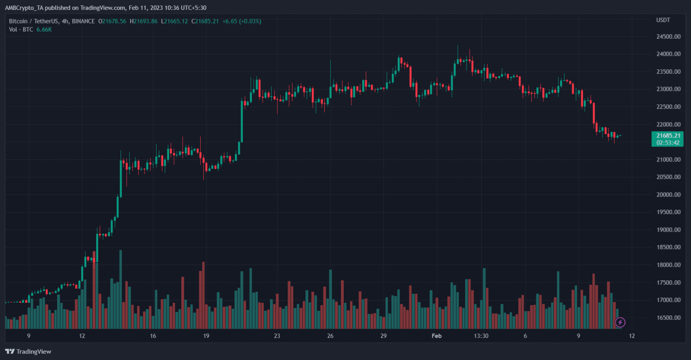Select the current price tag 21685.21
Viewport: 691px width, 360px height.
pos(667,136)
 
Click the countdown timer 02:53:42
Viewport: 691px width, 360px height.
pos(667,143)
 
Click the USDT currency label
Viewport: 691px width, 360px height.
pos(663,20)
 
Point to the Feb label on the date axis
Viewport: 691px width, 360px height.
pos(435,336)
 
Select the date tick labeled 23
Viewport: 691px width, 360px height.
pos(277,336)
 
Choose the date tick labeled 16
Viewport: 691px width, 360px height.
pos(153,336)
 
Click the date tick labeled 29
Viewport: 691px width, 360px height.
pos(384,336)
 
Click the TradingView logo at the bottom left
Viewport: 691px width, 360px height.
pos(28,351)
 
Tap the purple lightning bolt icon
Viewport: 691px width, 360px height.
pos(620,322)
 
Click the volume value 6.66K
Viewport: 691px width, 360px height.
pos(44,30)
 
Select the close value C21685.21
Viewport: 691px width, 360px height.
pos(205,21)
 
